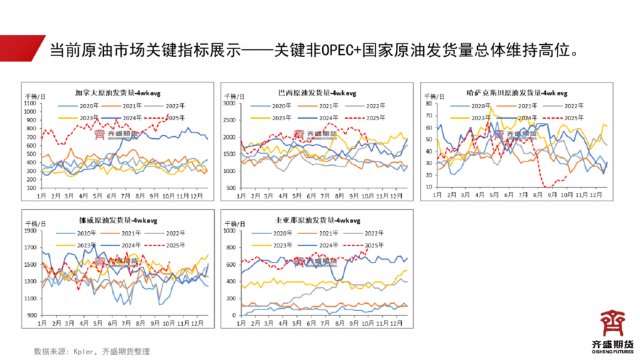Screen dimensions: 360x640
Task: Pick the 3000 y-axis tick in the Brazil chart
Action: pyautogui.click(x=229, y=104)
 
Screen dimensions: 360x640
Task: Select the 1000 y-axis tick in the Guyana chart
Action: pyautogui.click(x=229, y=231)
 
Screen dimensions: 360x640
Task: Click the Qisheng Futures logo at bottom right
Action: pyautogui.click(x=612, y=329)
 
